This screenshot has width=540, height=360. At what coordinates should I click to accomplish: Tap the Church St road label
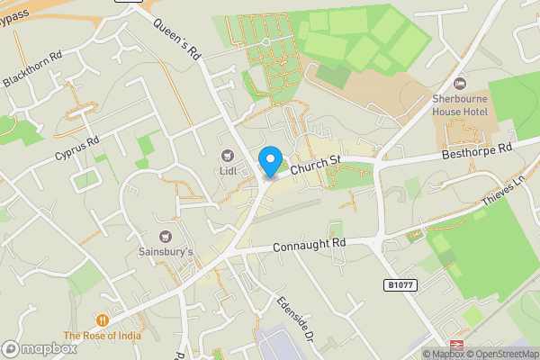(315, 162)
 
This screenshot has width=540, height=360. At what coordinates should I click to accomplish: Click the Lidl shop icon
(227, 156)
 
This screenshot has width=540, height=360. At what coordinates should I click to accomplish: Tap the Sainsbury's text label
(166, 253)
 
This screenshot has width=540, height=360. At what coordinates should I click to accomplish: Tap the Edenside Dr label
(293, 319)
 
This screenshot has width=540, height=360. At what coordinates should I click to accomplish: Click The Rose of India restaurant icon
(103, 320)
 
